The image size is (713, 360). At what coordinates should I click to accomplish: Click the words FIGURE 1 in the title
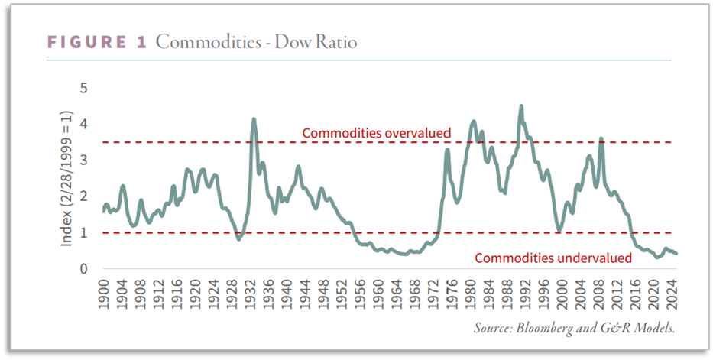point(96,43)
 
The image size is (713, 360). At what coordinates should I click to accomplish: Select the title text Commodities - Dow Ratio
point(255,43)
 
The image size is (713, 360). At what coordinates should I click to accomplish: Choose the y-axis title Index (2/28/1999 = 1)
point(67,179)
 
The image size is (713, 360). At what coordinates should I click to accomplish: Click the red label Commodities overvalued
point(377,133)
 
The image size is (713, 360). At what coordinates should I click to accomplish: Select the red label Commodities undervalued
point(553,258)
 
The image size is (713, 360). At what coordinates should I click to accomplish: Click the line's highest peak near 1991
point(521,106)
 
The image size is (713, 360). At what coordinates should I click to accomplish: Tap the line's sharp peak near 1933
point(254,119)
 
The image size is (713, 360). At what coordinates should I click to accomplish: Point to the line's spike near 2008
point(601,139)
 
